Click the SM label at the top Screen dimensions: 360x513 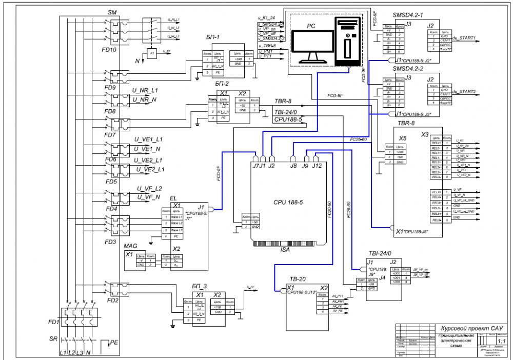click(112, 11)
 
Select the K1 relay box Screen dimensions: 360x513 click(152, 53)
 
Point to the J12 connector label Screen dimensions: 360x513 click(317, 165)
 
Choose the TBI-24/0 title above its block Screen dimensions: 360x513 click(379, 254)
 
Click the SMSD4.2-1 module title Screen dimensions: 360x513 click(408, 15)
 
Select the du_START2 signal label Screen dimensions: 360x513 click(465, 91)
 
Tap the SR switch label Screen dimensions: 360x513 click(53, 339)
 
